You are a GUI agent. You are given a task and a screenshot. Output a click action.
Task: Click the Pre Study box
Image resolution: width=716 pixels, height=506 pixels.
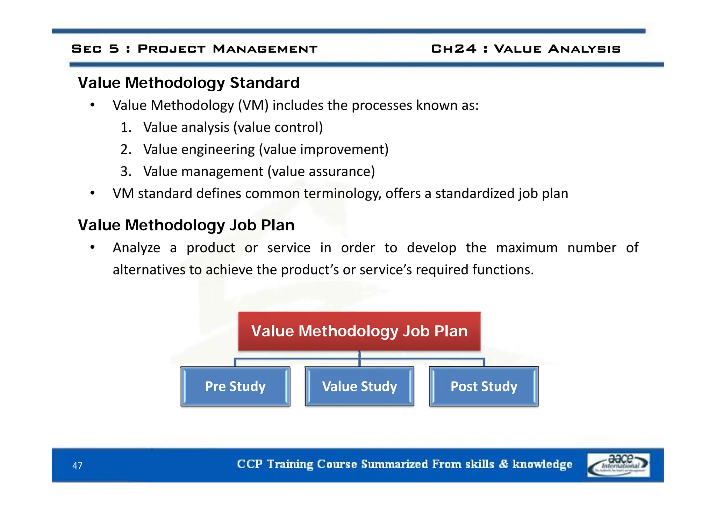click(x=235, y=386)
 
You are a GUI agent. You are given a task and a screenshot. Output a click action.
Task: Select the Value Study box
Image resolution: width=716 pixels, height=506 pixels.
click(x=359, y=386)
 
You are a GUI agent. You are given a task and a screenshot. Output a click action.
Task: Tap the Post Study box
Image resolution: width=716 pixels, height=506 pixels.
click(x=484, y=386)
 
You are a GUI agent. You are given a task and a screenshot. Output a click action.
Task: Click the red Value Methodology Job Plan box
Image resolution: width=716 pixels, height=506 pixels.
click(x=359, y=331)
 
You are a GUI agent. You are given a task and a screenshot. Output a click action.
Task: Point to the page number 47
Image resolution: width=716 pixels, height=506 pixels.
click(x=77, y=465)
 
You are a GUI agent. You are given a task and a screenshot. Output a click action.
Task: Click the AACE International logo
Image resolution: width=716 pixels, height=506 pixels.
click(x=618, y=465)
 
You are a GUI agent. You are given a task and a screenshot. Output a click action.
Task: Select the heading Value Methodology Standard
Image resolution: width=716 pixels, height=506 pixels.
click(x=188, y=83)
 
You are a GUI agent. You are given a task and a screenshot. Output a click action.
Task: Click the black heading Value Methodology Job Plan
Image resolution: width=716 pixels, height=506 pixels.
click(x=186, y=225)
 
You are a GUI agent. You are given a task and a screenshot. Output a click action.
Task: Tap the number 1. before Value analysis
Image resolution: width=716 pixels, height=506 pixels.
click(x=126, y=128)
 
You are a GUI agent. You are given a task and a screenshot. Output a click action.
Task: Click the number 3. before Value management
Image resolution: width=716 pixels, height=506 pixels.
click(x=126, y=172)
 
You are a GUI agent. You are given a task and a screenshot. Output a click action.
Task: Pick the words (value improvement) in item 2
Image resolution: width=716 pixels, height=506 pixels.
click(x=324, y=150)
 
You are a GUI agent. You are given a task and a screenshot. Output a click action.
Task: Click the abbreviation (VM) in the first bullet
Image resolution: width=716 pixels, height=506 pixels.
click(x=253, y=106)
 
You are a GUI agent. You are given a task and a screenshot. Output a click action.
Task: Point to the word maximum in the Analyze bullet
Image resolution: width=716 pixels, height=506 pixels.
click(x=527, y=248)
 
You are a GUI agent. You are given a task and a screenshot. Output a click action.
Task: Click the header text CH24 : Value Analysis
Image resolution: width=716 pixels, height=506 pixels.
click(x=525, y=49)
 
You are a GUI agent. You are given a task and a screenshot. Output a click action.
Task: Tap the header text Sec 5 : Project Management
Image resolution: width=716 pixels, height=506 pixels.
click(x=194, y=49)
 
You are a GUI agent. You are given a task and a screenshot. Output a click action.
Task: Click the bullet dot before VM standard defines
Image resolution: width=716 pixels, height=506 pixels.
click(x=92, y=193)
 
